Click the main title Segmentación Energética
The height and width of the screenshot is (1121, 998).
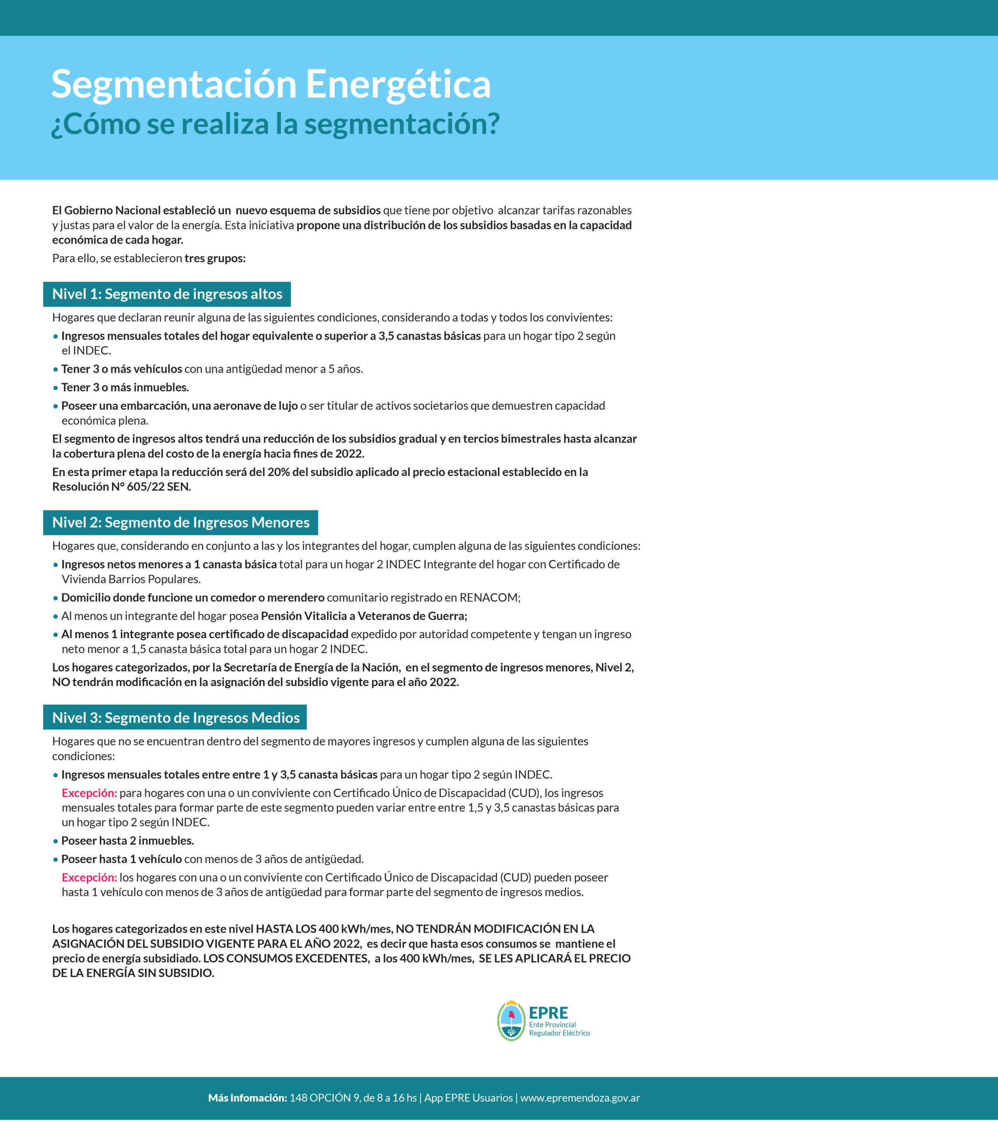[x=271, y=85]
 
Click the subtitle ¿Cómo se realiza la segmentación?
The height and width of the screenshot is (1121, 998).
[x=275, y=124]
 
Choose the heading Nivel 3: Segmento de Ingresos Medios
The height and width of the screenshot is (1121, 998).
[x=176, y=718]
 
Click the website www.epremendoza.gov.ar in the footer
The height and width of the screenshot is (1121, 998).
[x=580, y=1098]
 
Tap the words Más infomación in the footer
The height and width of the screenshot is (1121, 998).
[x=247, y=1098]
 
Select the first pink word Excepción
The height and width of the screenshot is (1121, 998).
[x=89, y=793]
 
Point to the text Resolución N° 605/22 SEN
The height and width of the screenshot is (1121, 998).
[x=121, y=487]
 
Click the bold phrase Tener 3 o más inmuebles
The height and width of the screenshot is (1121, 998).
[x=125, y=388]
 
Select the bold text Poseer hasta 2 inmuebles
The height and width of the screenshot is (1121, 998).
[x=128, y=841]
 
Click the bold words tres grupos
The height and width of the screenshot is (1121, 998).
[x=215, y=258]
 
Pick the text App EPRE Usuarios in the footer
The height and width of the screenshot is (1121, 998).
[x=468, y=1098]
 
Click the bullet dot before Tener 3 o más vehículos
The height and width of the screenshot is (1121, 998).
[x=56, y=370]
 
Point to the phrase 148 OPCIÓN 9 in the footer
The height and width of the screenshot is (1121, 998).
[x=324, y=1098]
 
